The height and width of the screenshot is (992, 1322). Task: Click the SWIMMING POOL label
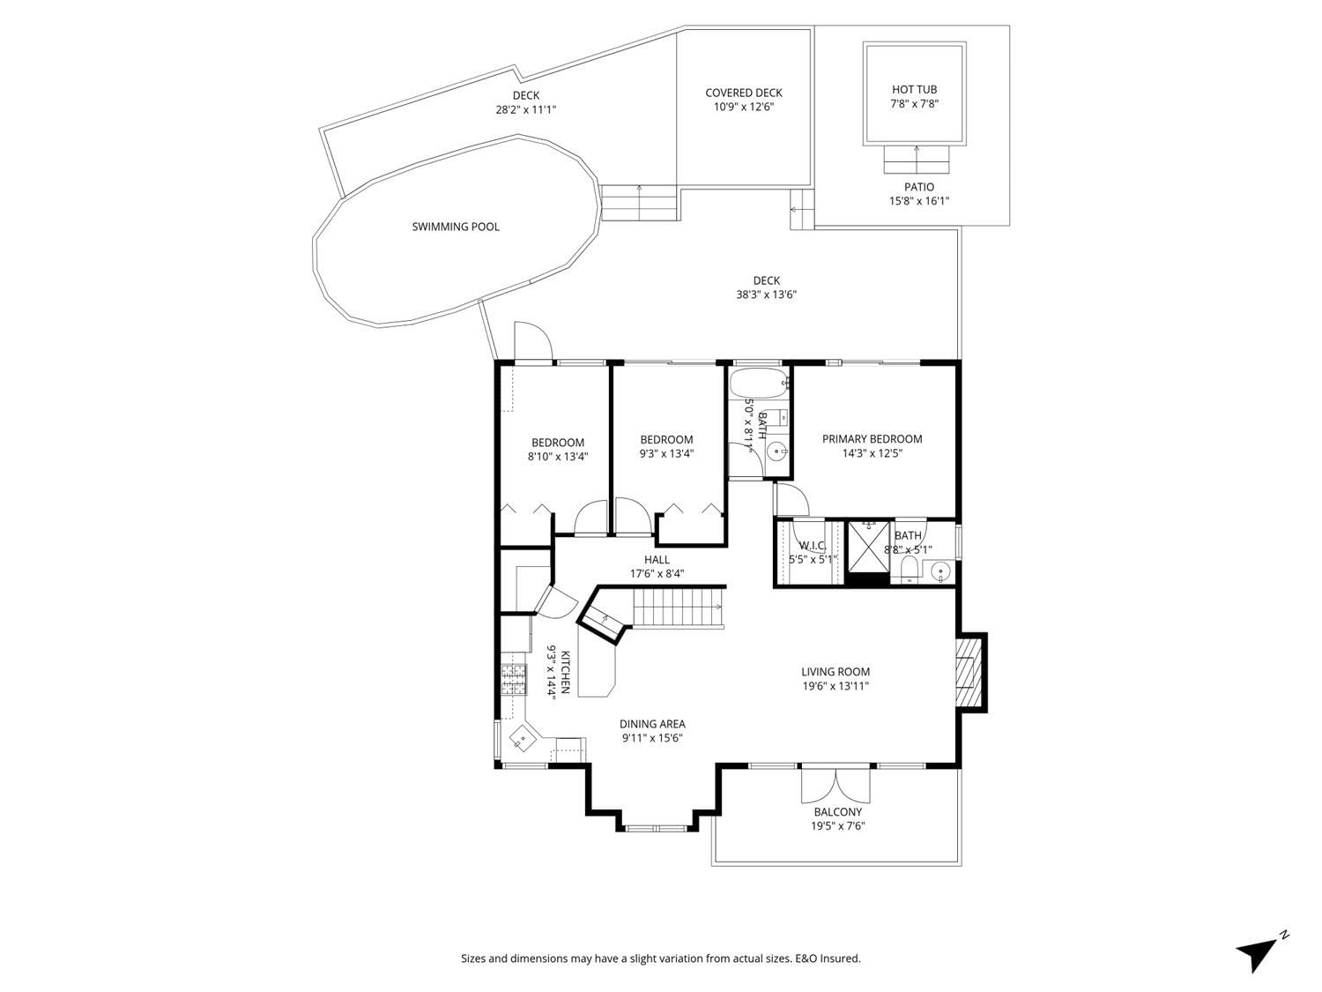[x=456, y=227]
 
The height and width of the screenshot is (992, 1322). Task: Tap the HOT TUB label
[x=914, y=89]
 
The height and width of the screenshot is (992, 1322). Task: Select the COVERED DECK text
[x=744, y=93]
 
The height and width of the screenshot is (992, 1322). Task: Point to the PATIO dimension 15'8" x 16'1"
[x=919, y=201]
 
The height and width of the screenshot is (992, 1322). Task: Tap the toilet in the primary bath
[x=909, y=569]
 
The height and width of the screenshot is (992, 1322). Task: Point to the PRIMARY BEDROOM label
[x=873, y=439]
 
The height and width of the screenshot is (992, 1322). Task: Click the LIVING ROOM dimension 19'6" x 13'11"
[x=836, y=685]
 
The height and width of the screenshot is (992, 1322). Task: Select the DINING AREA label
[x=652, y=724]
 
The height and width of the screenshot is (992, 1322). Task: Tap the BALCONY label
[x=838, y=812]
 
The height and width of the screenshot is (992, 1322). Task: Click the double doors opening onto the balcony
[x=836, y=785]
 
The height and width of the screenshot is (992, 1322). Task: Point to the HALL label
[x=657, y=560]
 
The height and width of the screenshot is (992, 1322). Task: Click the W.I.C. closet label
[x=812, y=546]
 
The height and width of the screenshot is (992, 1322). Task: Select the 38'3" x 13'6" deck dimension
[x=766, y=295]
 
